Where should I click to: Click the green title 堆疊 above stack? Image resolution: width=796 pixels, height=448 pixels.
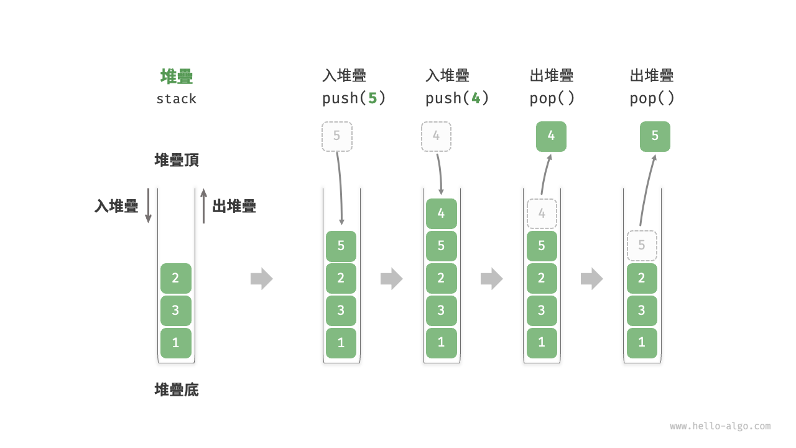pyautogui.click(x=177, y=77)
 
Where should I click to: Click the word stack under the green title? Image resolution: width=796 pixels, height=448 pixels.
pyautogui.click(x=177, y=99)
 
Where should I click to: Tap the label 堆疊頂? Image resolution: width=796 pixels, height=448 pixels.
pyautogui.click(x=177, y=161)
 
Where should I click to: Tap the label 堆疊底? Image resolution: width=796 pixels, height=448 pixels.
pyautogui.click(x=177, y=390)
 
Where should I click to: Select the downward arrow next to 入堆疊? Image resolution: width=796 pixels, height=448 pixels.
pyautogui.click(x=148, y=205)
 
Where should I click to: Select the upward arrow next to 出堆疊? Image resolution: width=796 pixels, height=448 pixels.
pyautogui.click(x=203, y=206)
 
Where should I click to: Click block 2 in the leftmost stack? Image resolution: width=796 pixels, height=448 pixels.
pyautogui.click(x=176, y=278)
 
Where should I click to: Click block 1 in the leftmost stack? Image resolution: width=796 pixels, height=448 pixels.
pyautogui.click(x=176, y=343)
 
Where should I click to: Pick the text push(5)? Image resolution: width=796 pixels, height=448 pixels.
pyautogui.click(x=354, y=98)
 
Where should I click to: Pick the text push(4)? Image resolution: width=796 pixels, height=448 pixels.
pyautogui.click(x=457, y=98)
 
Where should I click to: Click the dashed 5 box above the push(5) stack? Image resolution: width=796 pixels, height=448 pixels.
pyautogui.click(x=337, y=136)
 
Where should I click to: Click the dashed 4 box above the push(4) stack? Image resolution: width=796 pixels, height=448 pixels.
pyautogui.click(x=437, y=136)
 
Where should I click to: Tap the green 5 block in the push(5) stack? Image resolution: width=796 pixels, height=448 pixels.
pyautogui.click(x=341, y=246)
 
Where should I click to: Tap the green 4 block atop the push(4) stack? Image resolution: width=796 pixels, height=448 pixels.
pyautogui.click(x=441, y=213)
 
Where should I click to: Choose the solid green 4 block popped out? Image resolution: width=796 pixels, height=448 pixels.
pyautogui.click(x=551, y=136)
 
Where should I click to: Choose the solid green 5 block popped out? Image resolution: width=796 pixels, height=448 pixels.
pyautogui.click(x=655, y=136)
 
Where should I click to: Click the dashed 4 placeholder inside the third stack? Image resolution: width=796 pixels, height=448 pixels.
pyautogui.click(x=542, y=213)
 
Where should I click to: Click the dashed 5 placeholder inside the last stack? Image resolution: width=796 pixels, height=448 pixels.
pyautogui.click(x=642, y=246)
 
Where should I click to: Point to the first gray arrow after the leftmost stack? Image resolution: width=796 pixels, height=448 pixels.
pyautogui.click(x=261, y=278)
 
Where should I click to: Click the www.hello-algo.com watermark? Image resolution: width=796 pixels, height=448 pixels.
pyautogui.click(x=720, y=426)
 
